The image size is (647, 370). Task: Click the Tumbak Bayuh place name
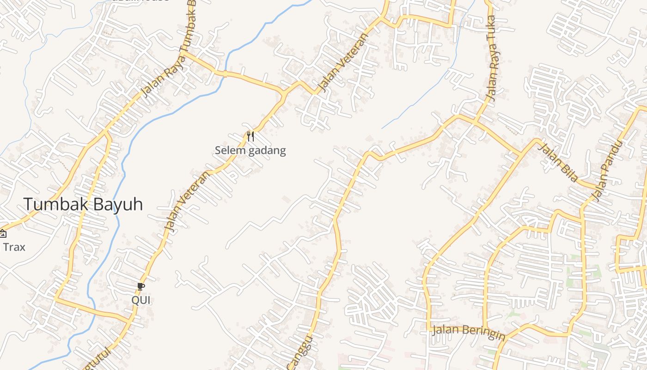click(83, 204)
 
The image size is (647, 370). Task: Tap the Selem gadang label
click(250, 150)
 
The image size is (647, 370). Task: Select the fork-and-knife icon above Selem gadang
click(250, 136)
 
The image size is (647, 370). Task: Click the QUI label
click(141, 300)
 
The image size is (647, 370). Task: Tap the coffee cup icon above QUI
click(141, 287)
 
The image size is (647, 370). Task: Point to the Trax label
click(14, 247)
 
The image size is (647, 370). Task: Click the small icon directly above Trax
click(2, 233)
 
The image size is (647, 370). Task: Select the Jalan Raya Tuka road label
click(493, 58)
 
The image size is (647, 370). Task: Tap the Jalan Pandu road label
click(607, 171)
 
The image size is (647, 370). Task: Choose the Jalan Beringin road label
click(468, 332)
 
